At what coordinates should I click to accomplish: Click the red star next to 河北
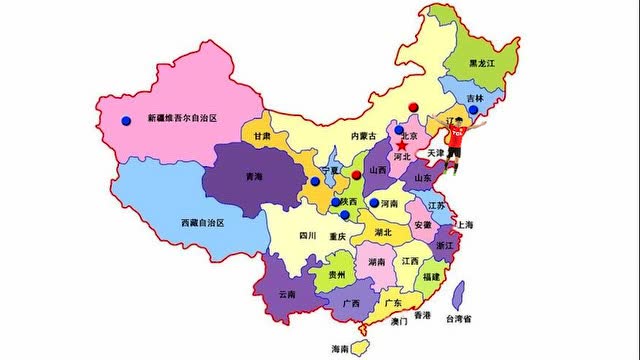tap(402, 145)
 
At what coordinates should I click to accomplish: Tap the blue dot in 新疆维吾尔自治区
tap(126, 120)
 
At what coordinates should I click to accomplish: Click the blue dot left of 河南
tap(374, 202)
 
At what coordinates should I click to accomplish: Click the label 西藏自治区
tap(203, 221)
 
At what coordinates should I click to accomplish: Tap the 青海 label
tap(253, 177)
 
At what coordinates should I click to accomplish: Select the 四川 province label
tap(307, 236)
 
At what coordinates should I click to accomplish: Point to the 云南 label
tap(287, 294)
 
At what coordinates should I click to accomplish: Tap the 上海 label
tap(465, 225)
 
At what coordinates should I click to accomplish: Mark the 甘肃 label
tap(263, 136)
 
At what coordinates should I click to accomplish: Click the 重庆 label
tap(336, 237)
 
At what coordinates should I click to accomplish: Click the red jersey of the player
tap(455, 139)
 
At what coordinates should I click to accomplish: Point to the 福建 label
tap(432, 275)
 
